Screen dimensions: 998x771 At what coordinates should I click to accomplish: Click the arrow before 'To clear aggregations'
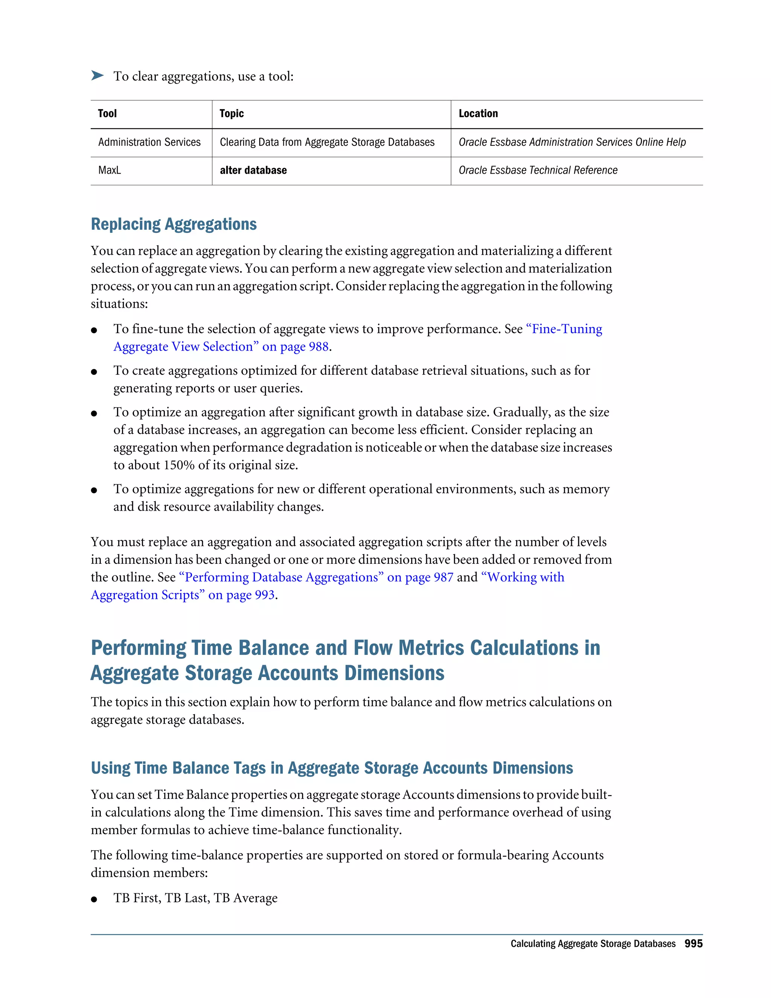pyautogui.click(x=97, y=75)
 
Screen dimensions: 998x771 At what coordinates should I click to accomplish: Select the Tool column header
pyautogui.click(x=107, y=113)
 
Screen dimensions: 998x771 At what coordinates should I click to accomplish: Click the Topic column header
pyautogui.click(x=232, y=113)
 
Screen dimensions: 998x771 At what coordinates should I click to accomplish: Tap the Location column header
pyautogui.click(x=478, y=113)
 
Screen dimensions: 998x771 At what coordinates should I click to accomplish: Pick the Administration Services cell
pyautogui.click(x=149, y=142)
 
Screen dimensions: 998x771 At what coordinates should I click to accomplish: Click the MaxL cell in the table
pyautogui.click(x=110, y=171)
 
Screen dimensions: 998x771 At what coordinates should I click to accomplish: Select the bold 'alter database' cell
pyautogui.click(x=253, y=171)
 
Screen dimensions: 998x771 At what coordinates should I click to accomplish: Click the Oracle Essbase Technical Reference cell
pyautogui.click(x=538, y=171)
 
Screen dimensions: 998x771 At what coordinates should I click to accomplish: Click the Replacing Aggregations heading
pyautogui.click(x=174, y=224)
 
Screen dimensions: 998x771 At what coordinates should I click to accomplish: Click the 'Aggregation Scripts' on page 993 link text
pyautogui.click(x=183, y=595)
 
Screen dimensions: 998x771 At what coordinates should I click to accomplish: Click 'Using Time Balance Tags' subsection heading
pyautogui.click(x=332, y=768)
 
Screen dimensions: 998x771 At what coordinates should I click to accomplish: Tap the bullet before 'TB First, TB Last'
pyautogui.click(x=94, y=899)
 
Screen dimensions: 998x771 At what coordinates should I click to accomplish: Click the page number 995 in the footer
pyautogui.click(x=693, y=944)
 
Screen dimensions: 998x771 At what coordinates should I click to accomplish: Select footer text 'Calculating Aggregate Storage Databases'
pyautogui.click(x=593, y=944)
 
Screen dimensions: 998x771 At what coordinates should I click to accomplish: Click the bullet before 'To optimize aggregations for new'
pyautogui.click(x=94, y=490)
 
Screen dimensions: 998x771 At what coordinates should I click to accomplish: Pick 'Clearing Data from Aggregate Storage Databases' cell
pyautogui.click(x=327, y=142)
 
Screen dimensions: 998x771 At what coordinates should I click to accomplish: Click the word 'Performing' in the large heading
pyautogui.click(x=139, y=648)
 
